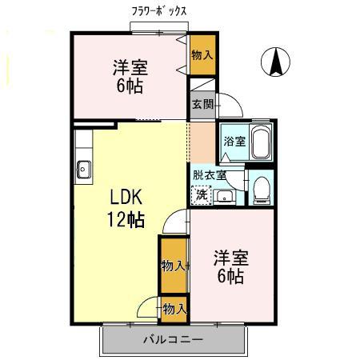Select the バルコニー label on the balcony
point(173,339)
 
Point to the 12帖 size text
point(126,220)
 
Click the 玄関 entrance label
point(202,103)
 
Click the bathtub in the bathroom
point(261,142)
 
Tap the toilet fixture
point(260,190)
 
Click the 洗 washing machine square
point(202,194)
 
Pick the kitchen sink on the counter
point(84,169)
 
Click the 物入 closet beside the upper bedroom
point(202,55)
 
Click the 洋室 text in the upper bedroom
point(129,67)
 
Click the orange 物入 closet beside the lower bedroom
point(173,266)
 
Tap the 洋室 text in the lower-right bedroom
point(230,258)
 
